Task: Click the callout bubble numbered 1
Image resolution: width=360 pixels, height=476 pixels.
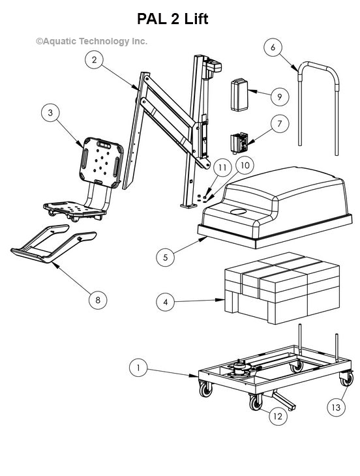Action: coord(138,368)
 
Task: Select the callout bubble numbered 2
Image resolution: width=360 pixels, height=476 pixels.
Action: coord(95,60)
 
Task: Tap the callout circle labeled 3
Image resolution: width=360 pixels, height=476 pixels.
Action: coord(50,112)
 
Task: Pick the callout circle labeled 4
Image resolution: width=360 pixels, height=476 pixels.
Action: coord(166,301)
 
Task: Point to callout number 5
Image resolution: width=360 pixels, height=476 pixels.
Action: coord(166,257)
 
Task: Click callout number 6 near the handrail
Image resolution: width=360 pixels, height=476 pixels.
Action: coord(273,47)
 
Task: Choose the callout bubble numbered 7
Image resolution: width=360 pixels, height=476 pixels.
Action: coord(279,123)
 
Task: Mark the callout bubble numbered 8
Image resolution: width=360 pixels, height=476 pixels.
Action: coord(98,299)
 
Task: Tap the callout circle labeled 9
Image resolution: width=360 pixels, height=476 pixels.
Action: coord(279,97)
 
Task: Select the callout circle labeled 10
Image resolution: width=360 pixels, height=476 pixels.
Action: coord(245,166)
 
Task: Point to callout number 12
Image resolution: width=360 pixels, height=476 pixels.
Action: coord(278,416)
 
